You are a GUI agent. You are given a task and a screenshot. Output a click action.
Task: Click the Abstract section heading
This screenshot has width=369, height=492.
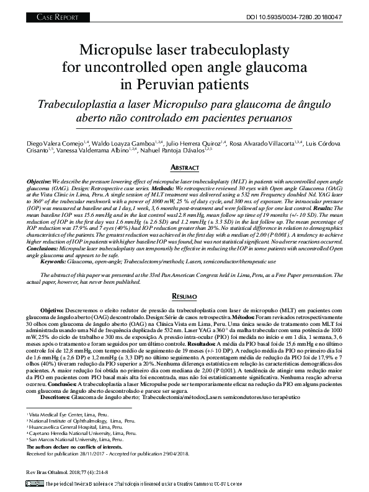click(184, 168)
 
